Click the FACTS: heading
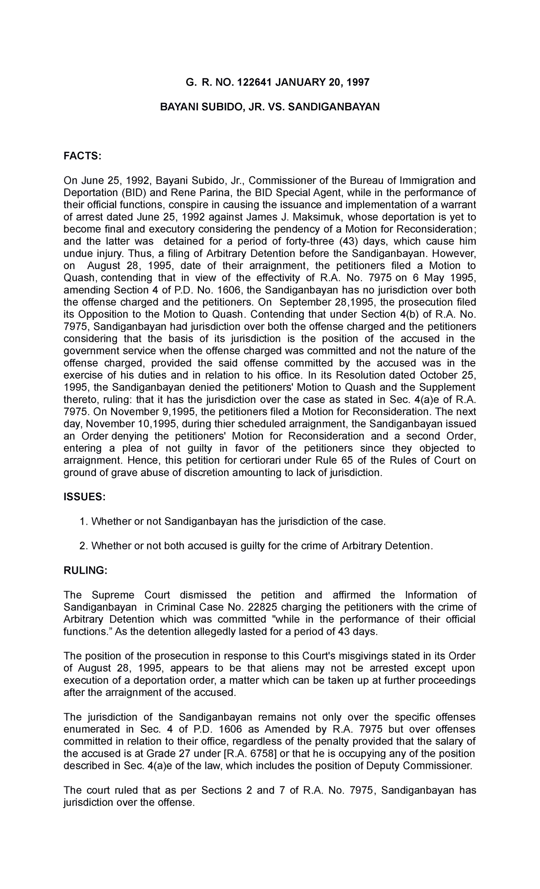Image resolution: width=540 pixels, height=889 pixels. point(83,156)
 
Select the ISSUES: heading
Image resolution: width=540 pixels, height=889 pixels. point(84,497)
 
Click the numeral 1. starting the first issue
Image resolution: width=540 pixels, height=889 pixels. point(83,521)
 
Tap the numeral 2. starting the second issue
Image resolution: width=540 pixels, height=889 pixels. point(83,546)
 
